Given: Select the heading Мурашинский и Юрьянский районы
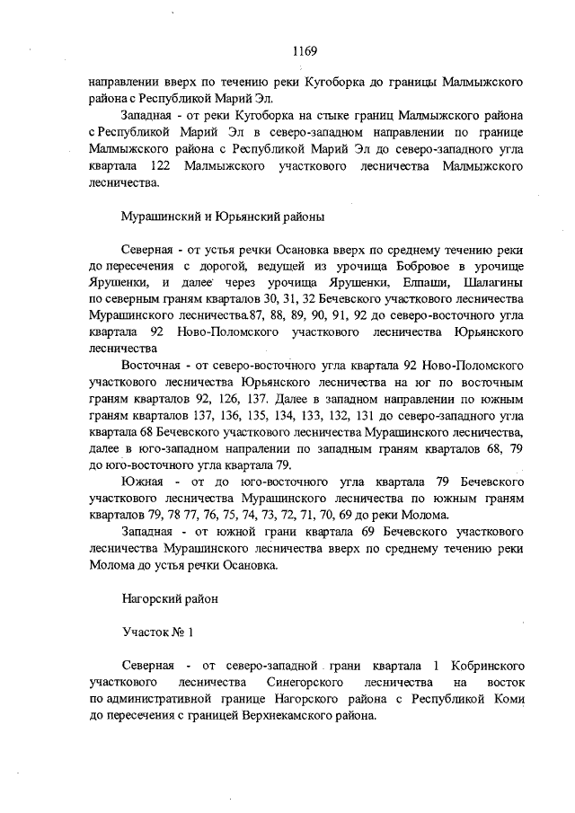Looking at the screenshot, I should pyautogui.click(x=222, y=217).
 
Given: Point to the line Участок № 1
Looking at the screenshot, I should pyautogui.click(x=156, y=632).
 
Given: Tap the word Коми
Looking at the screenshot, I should pyautogui.click(x=506, y=699).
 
